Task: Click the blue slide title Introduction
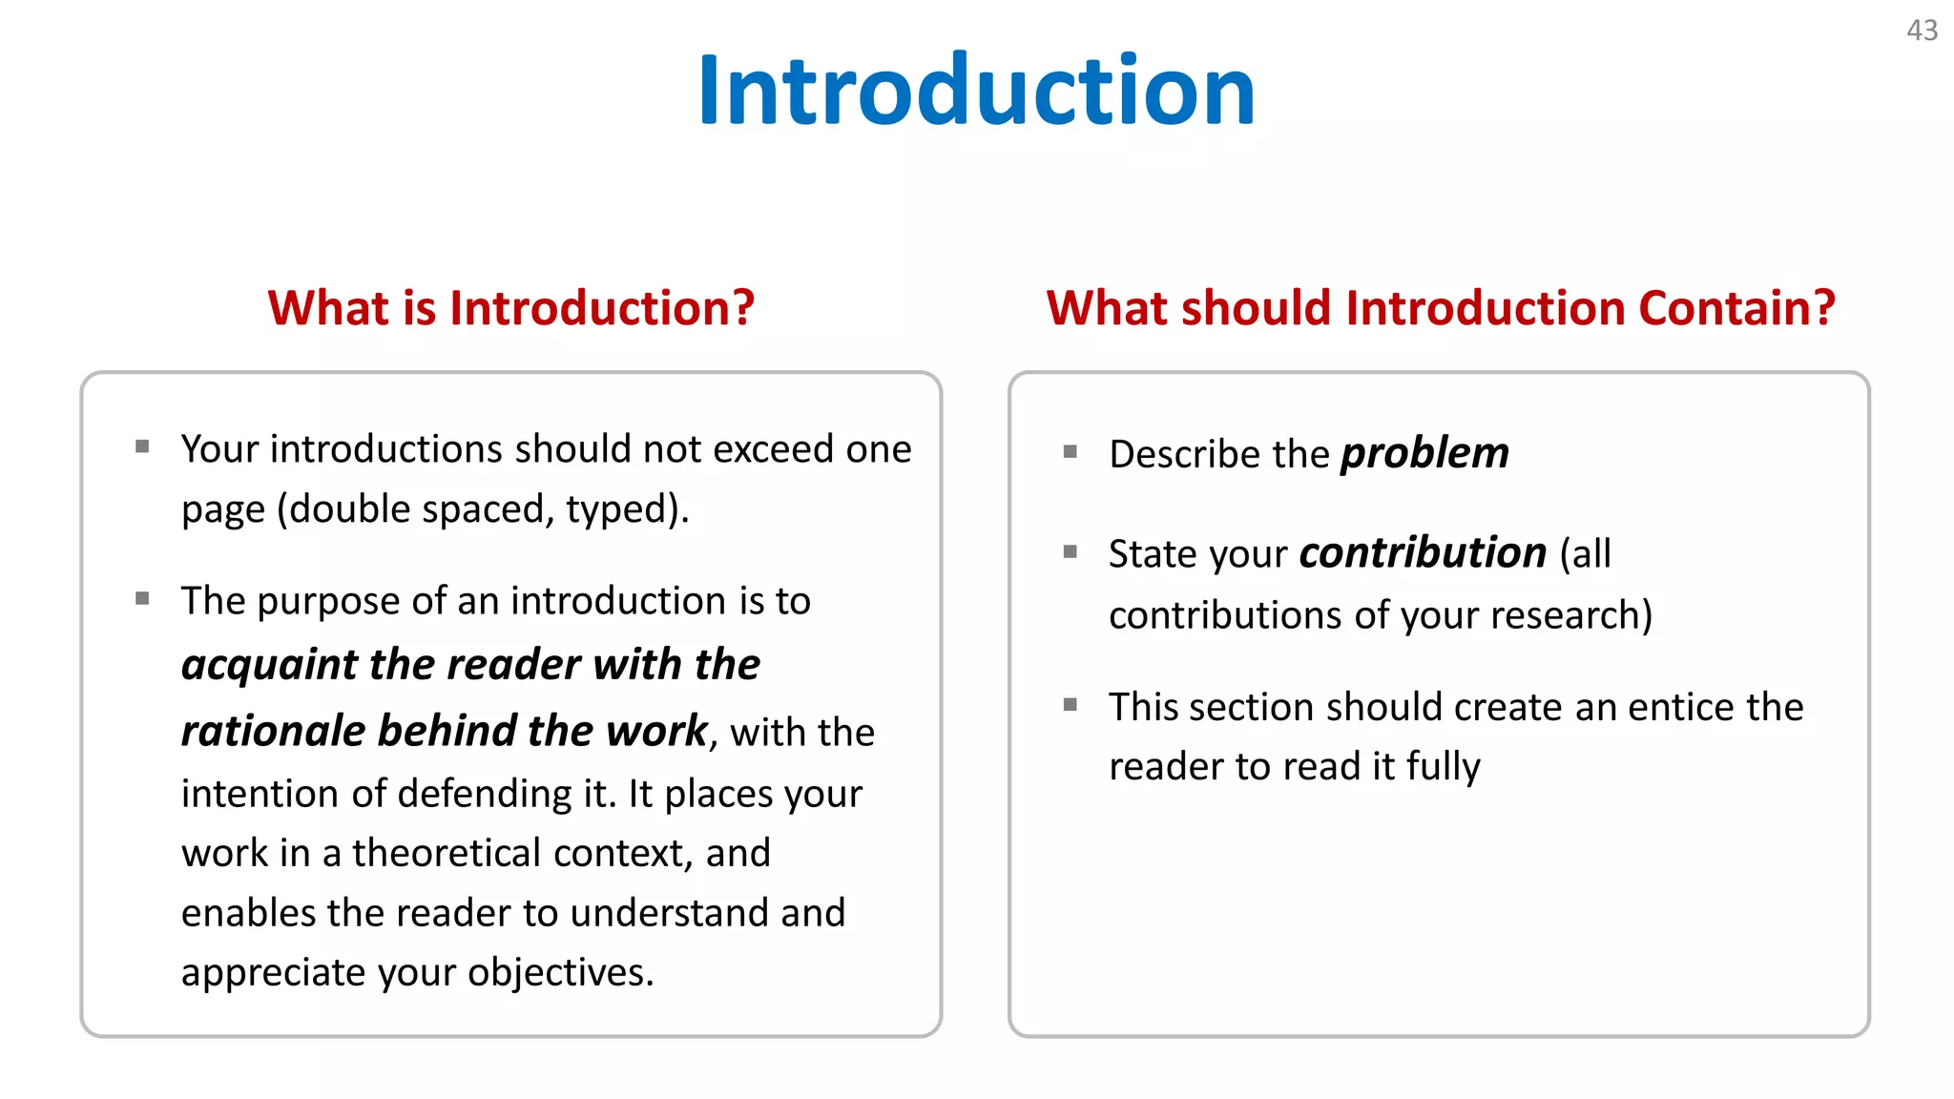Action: click(976, 91)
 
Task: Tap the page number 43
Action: click(1922, 31)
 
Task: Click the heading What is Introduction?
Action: click(510, 308)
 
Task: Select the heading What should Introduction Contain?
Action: click(1441, 308)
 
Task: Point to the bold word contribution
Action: click(1422, 553)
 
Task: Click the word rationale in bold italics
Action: click(273, 732)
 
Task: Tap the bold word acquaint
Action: click(269, 665)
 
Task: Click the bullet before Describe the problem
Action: click(1071, 451)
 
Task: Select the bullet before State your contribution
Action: click(1071, 551)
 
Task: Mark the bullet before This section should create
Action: click(1071, 705)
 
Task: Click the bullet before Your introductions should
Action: click(142, 446)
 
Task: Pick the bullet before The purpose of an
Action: click(142, 599)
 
